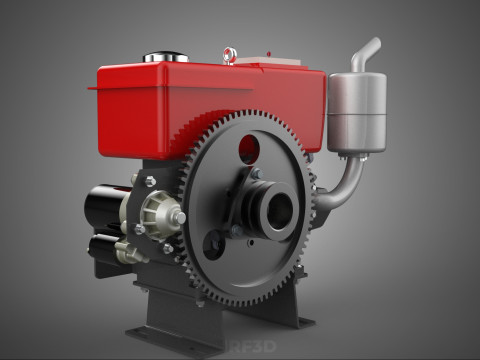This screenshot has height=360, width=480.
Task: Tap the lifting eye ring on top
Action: tap(230, 53)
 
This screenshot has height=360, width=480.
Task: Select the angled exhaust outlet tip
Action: tap(370, 46)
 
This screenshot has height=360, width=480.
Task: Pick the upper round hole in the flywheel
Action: tap(250, 150)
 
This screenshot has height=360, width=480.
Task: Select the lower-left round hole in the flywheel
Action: tap(213, 244)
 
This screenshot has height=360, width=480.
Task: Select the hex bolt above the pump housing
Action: tap(149, 181)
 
